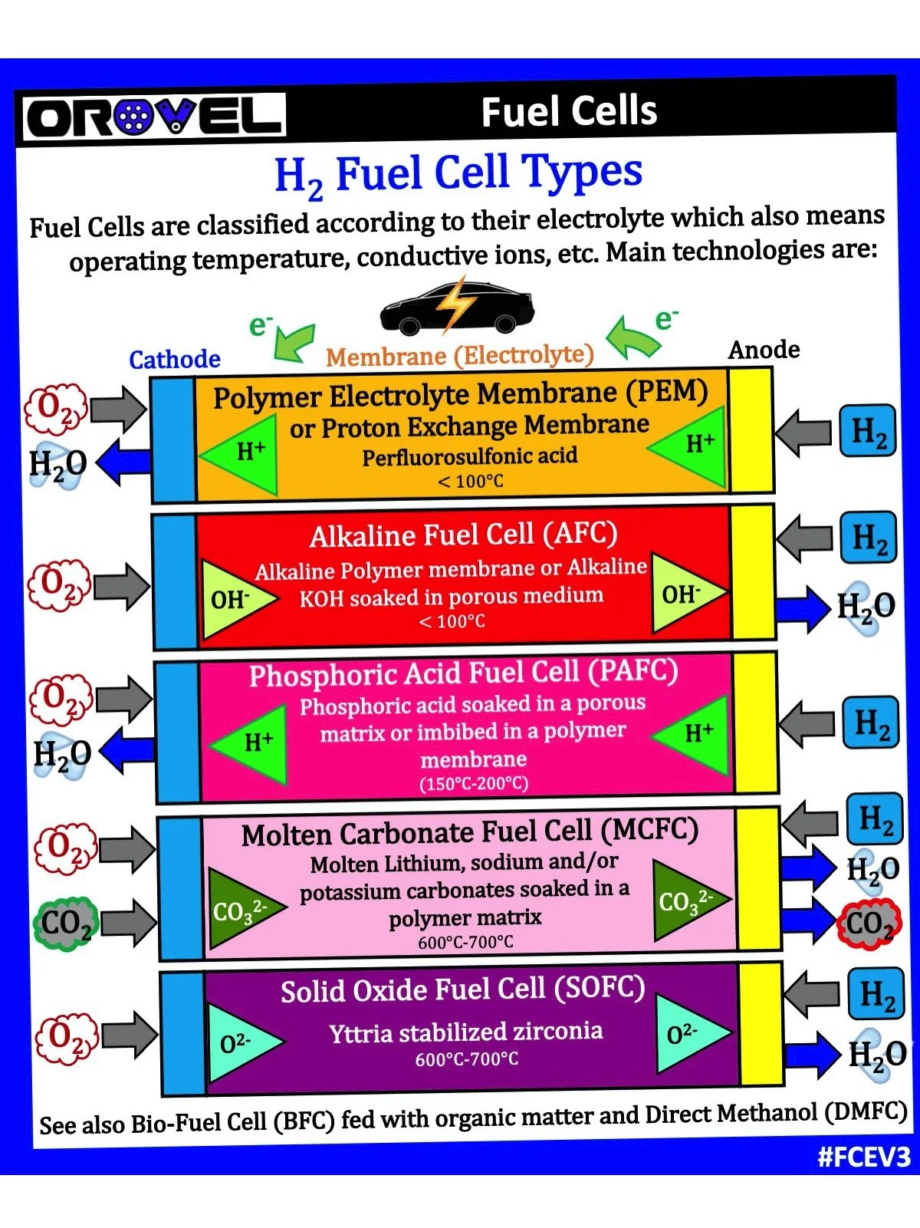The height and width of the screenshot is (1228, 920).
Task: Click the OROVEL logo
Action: [153, 117]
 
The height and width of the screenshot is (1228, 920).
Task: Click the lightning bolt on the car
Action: [455, 303]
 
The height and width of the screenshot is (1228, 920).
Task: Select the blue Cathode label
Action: [175, 359]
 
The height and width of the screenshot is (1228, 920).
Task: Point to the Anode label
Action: [764, 350]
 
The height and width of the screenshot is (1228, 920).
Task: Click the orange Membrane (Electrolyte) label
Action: [460, 355]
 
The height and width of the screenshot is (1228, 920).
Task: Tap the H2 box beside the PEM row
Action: [868, 431]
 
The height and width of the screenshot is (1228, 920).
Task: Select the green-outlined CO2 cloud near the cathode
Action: [66, 923]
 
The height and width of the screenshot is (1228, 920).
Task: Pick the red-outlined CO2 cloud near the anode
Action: [869, 923]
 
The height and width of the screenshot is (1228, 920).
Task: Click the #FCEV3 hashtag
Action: [864, 1157]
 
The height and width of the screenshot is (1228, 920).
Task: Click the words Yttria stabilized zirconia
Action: [466, 1032]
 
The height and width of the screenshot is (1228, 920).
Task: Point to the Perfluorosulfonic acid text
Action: [470, 456]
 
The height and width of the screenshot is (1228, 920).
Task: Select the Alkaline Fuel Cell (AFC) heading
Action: [463, 535]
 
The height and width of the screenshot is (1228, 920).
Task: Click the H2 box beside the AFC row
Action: [869, 538]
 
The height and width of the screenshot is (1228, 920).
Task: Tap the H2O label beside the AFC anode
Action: [866, 607]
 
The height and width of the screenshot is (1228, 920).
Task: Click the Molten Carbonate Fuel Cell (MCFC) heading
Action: [470, 832]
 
